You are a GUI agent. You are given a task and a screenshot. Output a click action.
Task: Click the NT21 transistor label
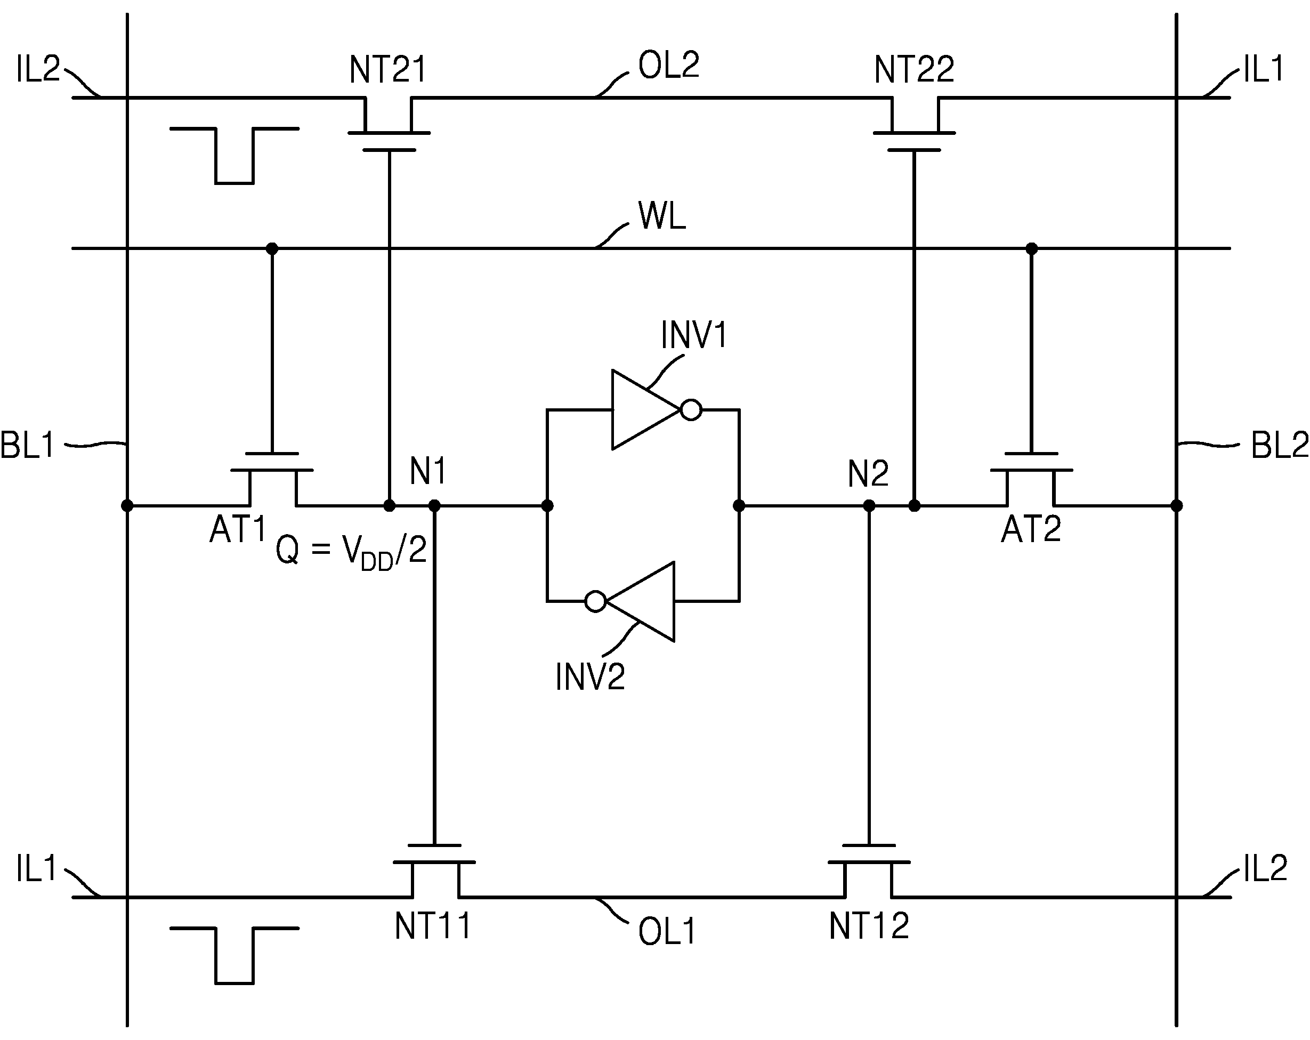(x=387, y=70)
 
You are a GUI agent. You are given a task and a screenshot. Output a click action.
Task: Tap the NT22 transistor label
(x=914, y=70)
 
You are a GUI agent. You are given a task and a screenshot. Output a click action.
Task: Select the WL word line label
(x=662, y=216)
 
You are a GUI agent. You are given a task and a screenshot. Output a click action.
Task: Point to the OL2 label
(x=668, y=65)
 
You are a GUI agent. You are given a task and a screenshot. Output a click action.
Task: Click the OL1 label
(x=667, y=932)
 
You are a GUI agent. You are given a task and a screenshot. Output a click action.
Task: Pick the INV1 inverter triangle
(x=646, y=410)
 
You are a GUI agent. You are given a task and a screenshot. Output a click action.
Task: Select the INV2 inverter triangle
(x=641, y=602)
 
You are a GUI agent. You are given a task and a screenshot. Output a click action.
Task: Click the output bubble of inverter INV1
(x=691, y=410)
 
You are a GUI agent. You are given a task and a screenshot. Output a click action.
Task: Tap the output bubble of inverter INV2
(x=595, y=602)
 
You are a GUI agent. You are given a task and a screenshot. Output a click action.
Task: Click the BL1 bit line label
(x=27, y=445)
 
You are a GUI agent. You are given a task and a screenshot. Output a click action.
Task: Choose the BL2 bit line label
(x=1280, y=446)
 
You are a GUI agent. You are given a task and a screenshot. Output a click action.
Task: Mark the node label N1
(x=428, y=471)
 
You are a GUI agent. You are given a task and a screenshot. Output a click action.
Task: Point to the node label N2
(x=868, y=473)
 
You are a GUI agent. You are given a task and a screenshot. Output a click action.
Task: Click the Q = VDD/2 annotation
(x=351, y=552)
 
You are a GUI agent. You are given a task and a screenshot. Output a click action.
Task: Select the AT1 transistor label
(x=238, y=529)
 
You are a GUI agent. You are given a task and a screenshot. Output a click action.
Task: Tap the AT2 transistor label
(x=1031, y=529)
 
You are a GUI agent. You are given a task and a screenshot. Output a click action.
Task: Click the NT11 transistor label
(x=433, y=926)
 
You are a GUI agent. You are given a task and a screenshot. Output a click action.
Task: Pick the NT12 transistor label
(x=869, y=926)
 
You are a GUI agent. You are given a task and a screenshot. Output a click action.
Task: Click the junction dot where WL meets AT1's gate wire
(x=272, y=248)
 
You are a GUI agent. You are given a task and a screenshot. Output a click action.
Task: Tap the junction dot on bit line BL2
(x=1176, y=506)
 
